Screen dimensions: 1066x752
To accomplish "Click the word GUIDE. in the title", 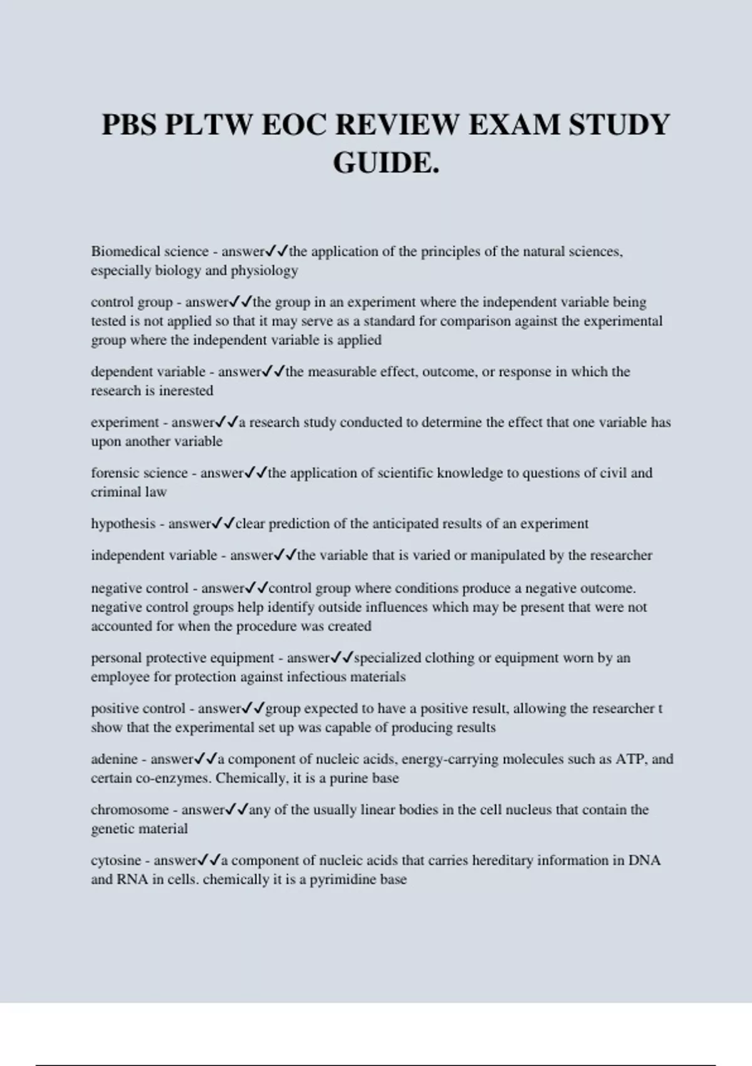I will click(385, 163).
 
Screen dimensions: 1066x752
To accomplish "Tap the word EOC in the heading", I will click(293, 124).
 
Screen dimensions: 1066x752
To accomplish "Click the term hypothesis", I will click(123, 524).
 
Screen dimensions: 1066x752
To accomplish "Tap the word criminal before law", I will click(116, 492).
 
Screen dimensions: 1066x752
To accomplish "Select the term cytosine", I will click(116, 860).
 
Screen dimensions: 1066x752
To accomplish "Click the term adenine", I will click(114, 759).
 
